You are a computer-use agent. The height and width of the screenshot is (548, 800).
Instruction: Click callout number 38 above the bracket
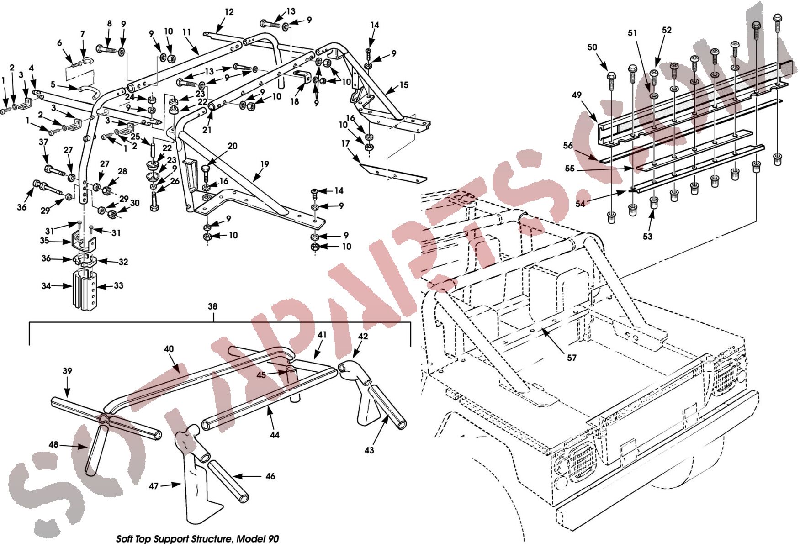pos(212,306)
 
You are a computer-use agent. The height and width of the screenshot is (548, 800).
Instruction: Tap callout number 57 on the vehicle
pos(572,358)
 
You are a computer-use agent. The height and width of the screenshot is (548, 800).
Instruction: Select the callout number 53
pos(647,237)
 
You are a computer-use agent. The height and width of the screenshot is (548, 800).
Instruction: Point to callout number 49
pos(577,95)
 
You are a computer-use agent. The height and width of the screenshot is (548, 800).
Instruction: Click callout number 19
pos(265,164)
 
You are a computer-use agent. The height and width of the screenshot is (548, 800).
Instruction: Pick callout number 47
pos(154,486)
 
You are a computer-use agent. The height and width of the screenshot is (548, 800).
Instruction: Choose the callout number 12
pos(229,12)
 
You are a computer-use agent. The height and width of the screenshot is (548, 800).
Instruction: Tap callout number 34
pos(46,286)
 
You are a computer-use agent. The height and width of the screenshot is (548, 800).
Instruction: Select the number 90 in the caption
pos(273,539)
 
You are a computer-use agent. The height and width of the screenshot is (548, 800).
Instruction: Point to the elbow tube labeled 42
pos(354,371)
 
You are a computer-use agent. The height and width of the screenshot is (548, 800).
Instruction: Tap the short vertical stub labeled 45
pos(294,384)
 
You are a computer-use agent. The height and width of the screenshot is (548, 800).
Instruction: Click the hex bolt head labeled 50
pos(611,76)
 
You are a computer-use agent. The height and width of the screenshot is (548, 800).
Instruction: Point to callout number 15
pos(403,85)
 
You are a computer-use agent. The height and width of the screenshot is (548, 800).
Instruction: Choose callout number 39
pos(67,371)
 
